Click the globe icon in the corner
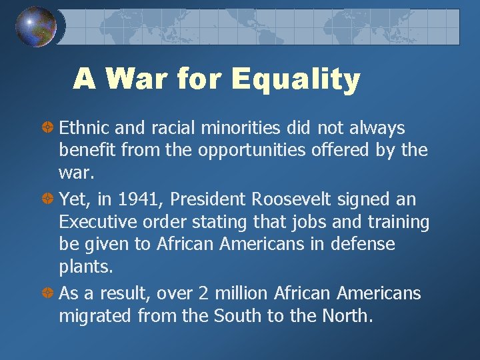tap(36, 26)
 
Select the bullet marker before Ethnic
tap(48, 127)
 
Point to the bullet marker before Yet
tap(48, 199)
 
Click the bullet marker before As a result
tap(48, 293)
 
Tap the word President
tap(210, 199)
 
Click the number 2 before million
tap(214, 293)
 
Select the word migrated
tap(95, 316)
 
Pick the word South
tap(238, 316)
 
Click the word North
tap(346, 316)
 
